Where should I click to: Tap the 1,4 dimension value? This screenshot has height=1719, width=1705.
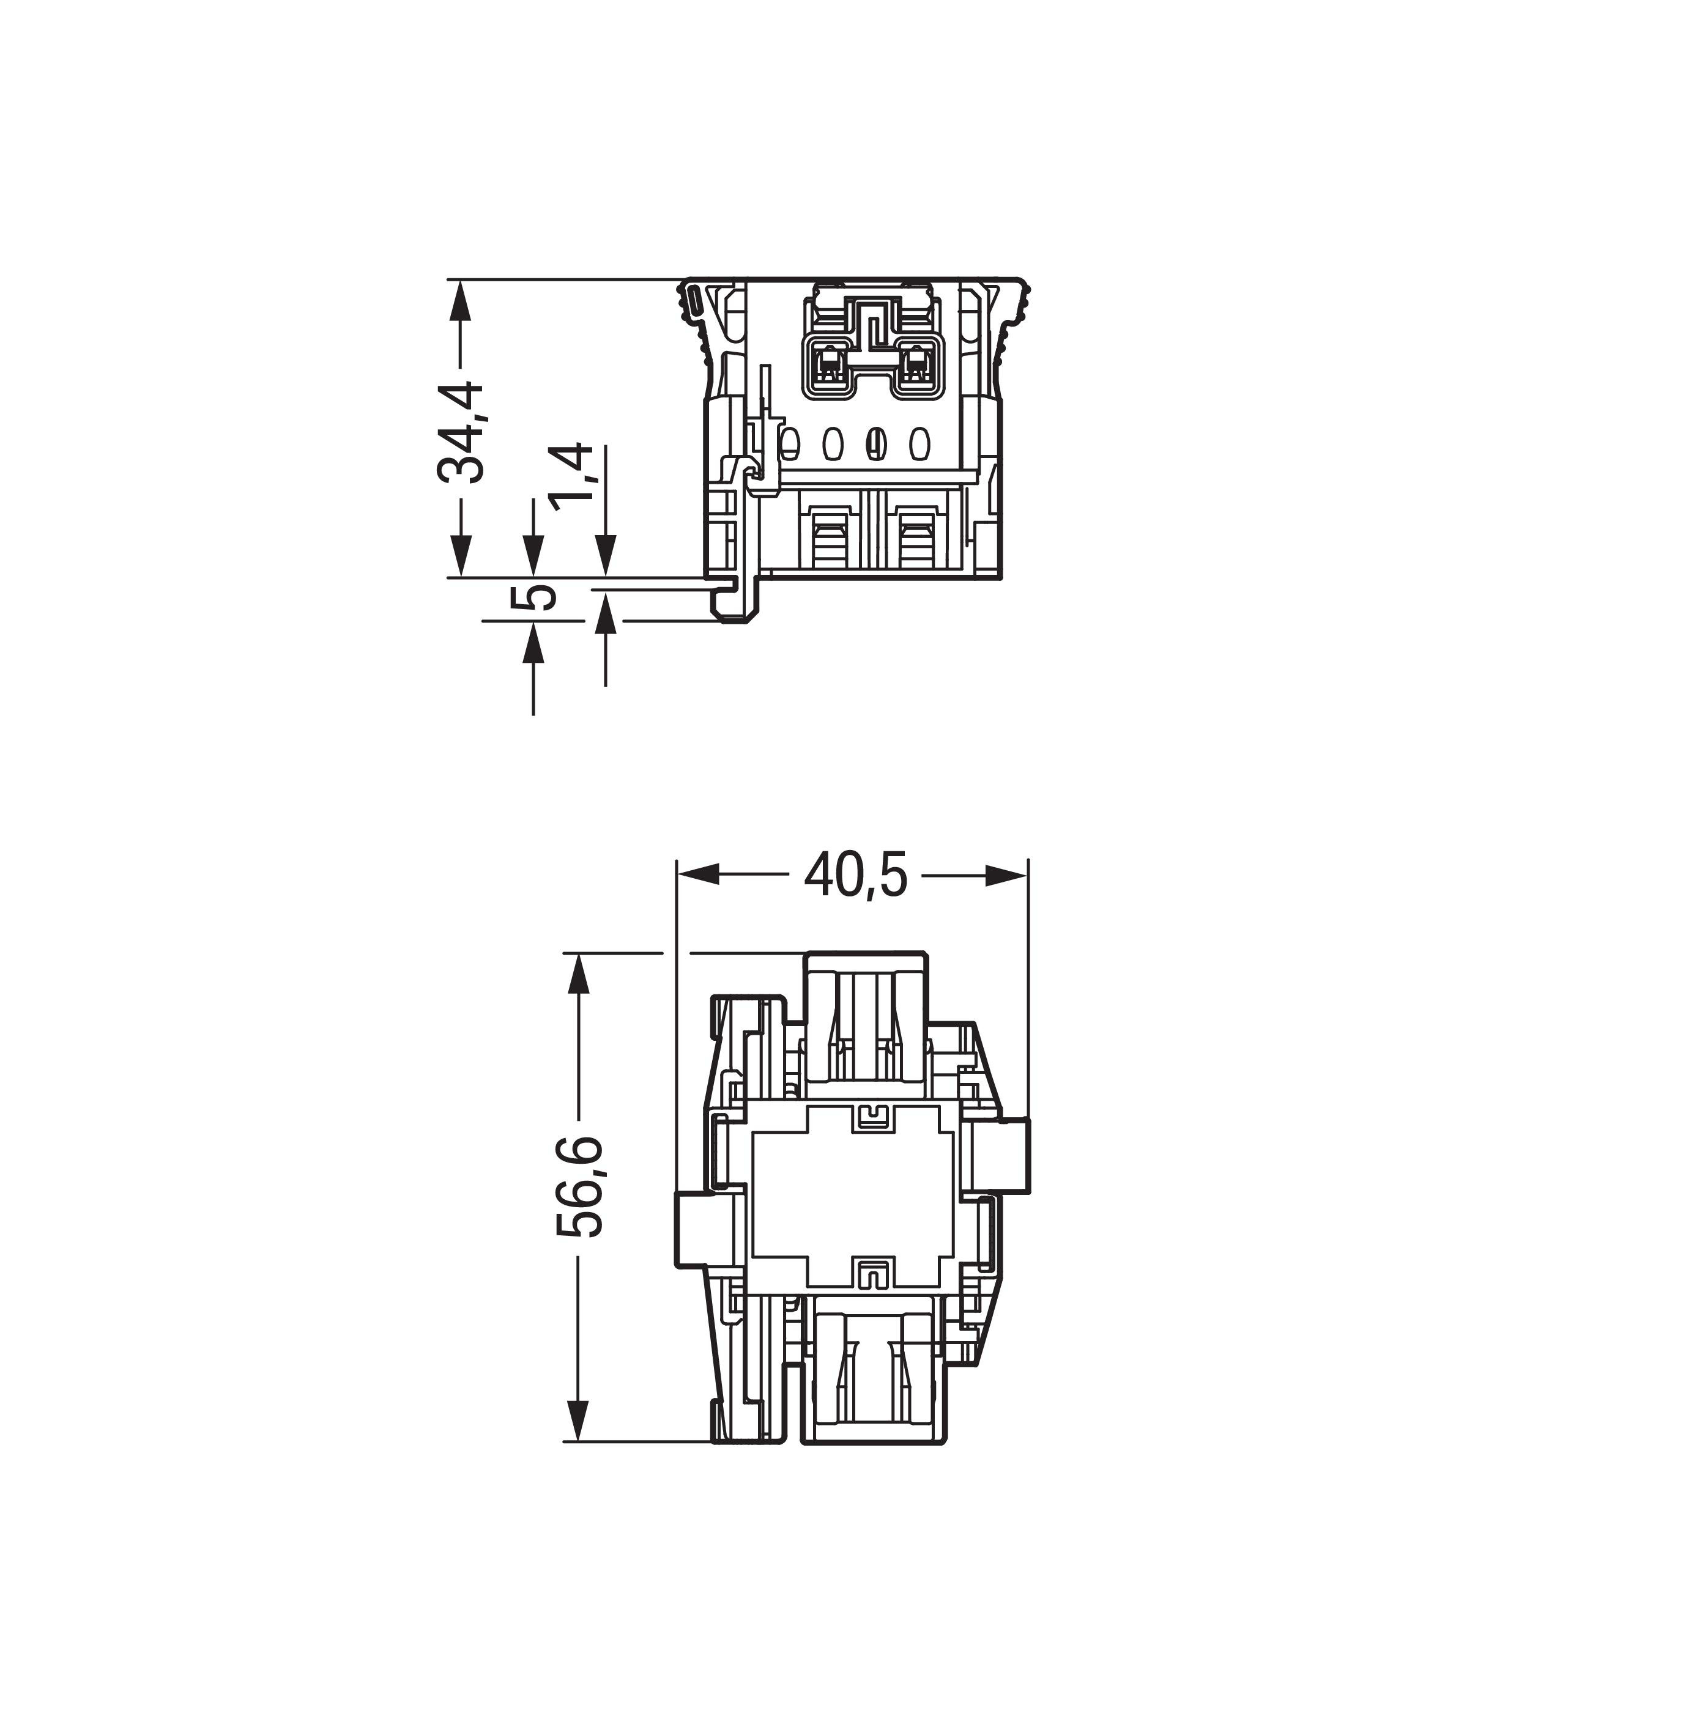pos(570,477)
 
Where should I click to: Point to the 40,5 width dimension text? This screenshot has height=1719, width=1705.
pos(855,874)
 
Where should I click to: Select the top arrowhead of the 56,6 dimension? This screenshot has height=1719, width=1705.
pos(578,974)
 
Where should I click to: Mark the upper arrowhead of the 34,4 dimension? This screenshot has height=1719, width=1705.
pos(460,301)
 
